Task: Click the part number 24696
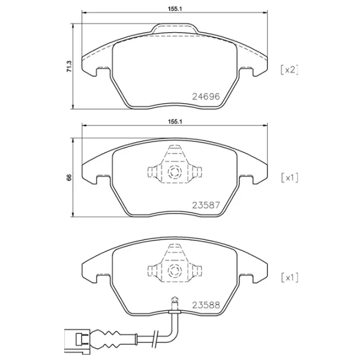pyautogui.click(x=205, y=96)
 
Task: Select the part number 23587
pyautogui.click(x=205, y=205)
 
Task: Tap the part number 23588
pyautogui.click(x=205, y=304)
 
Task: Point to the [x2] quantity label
pyautogui.click(x=289, y=70)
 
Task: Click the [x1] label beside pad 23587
pyautogui.click(x=289, y=178)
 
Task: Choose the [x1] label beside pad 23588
pyautogui.click(x=289, y=277)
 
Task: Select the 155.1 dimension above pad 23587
pyautogui.click(x=175, y=121)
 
